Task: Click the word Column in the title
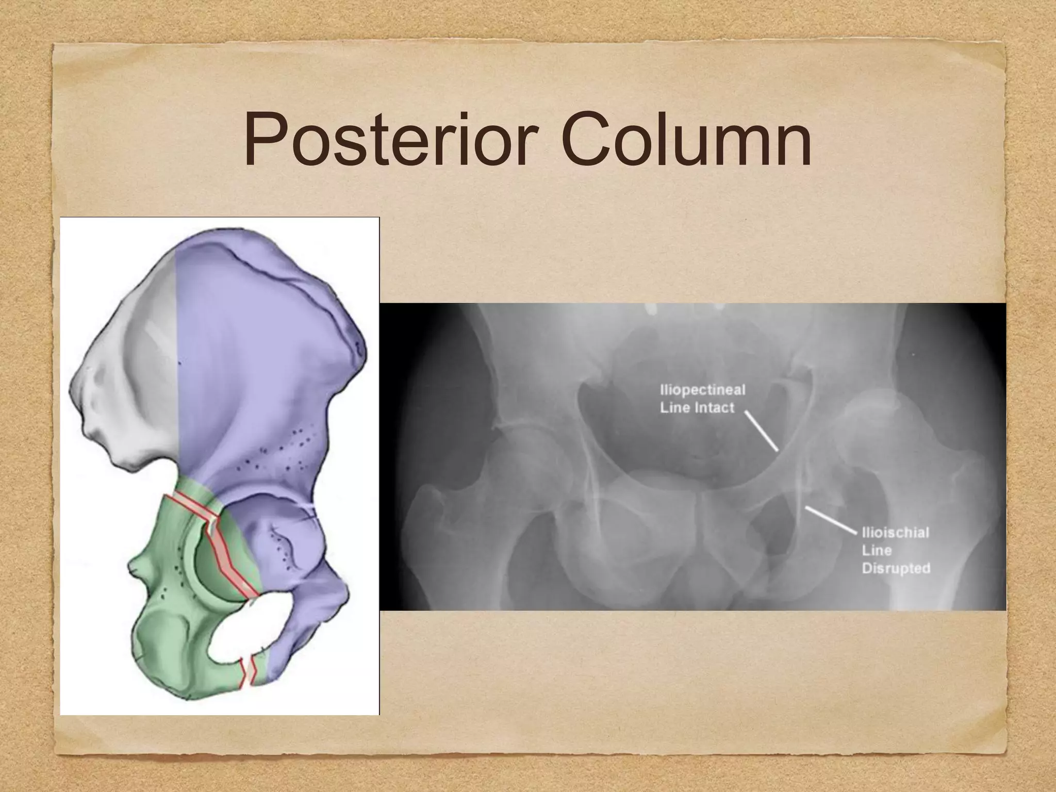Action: [x=686, y=139]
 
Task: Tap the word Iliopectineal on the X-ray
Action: [x=702, y=389]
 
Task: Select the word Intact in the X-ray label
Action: [x=714, y=408]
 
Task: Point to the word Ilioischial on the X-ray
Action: [x=895, y=532]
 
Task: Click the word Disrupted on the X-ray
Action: [x=896, y=569]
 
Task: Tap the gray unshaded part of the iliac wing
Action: [x=134, y=361]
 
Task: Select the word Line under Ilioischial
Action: [x=877, y=550]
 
